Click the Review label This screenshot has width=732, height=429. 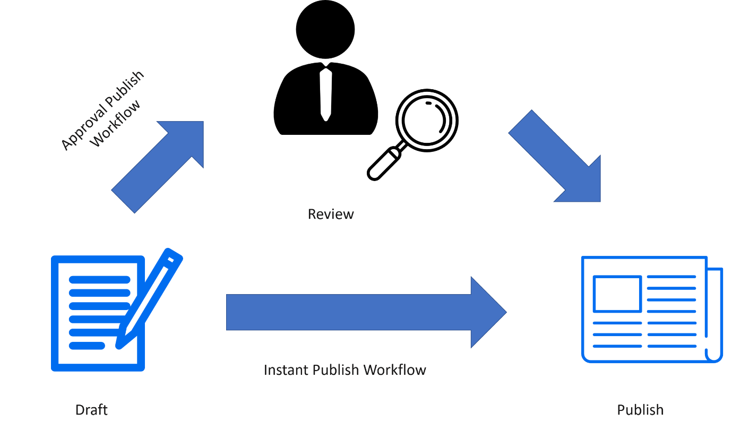coord(331,214)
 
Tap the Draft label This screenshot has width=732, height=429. coord(91,410)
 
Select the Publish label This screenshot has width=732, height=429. coord(640,410)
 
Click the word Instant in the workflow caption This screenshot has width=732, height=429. coord(285,370)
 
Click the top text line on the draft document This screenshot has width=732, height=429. coord(99,280)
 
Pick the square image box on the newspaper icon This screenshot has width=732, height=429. coord(617,293)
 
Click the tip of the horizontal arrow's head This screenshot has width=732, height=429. coord(505,312)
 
